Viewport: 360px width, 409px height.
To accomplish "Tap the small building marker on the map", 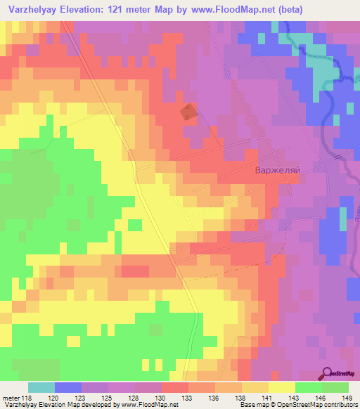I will pos(189,112).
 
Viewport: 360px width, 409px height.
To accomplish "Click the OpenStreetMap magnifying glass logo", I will pos(327,374).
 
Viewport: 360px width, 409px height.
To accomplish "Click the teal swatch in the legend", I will pos(41,387).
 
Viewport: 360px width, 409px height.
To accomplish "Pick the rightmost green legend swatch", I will pos(335,387).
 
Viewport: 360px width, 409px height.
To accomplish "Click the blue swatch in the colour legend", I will pos(68,387).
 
